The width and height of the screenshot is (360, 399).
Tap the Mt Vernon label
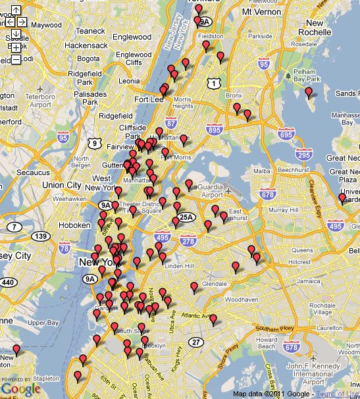point(265,12)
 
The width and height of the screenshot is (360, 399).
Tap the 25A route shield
point(187,216)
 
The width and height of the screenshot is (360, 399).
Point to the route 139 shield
point(41,236)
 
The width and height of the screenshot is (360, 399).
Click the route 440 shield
point(8,282)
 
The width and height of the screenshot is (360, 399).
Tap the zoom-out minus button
point(16,60)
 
